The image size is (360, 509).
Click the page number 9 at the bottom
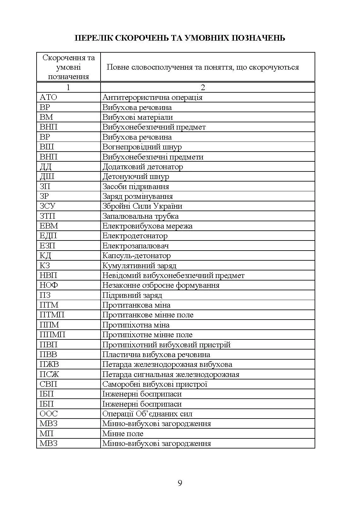(x=180, y=483)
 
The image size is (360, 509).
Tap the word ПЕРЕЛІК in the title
(x=93, y=38)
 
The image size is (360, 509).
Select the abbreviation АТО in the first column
(x=48, y=97)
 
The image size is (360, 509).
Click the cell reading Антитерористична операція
(x=152, y=97)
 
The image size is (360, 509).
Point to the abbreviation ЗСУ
(x=48, y=206)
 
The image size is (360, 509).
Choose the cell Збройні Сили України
(x=142, y=206)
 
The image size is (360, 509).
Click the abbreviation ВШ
(x=47, y=147)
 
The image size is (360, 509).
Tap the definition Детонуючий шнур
(x=136, y=176)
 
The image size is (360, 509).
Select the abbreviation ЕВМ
(x=49, y=226)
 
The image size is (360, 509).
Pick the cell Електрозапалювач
(x=135, y=246)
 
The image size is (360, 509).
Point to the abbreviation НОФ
(x=49, y=285)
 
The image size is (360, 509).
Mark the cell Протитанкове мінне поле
(x=148, y=315)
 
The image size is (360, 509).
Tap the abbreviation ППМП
(x=52, y=335)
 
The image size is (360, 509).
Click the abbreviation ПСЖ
(x=49, y=374)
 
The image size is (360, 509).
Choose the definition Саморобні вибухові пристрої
(x=154, y=384)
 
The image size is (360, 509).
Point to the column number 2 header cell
(x=203, y=87)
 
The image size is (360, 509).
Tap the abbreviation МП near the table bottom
(x=47, y=434)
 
